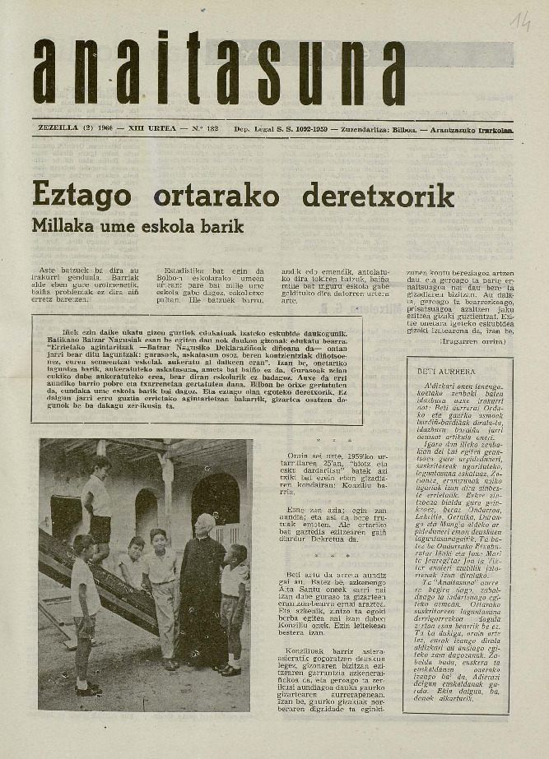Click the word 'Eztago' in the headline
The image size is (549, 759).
(x=81, y=196)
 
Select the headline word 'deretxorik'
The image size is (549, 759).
(x=378, y=196)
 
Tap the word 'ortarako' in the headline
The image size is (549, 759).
(x=216, y=196)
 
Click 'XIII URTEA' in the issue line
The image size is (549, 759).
(x=152, y=129)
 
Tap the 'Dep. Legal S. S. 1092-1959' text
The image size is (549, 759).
(x=278, y=129)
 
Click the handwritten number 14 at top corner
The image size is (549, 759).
(x=520, y=21)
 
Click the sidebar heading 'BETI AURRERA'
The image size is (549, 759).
(x=445, y=371)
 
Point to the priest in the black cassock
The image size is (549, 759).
(x=203, y=596)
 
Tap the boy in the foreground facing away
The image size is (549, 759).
(x=84, y=609)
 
